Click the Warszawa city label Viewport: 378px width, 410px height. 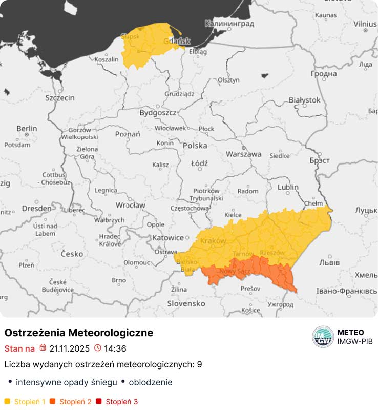click(x=244, y=154)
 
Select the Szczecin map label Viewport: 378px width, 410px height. click(x=60, y=98)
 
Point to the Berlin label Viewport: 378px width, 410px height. click(x=27, y=128)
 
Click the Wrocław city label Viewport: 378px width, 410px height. click(x=130, y=205)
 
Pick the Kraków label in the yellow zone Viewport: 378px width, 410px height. click(x=214, y=241)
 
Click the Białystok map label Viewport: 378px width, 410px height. click(x=304, y=99)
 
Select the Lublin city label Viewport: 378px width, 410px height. click(x=288, y=187)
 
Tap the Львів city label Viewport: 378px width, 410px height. click(x=329, y=262)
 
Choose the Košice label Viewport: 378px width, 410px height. click(x=251, y=310)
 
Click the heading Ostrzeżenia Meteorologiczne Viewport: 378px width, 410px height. click(x=79, y=333)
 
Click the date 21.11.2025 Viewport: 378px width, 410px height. click(x=69, y=348)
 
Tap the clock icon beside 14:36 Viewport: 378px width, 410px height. click(x=98, y=348)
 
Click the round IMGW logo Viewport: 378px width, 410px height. click(x=323, y=337)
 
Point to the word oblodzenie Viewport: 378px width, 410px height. click(x=150, y=382)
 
